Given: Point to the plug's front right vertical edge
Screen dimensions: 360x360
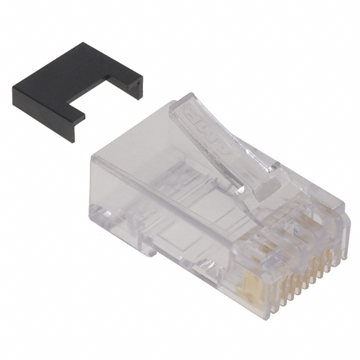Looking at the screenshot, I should pyautogui.click(x=340, y=231).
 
